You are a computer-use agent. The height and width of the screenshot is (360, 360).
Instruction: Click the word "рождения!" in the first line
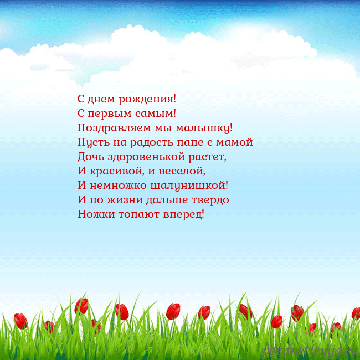point(151,100)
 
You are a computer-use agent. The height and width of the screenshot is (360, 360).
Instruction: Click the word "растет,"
point(208,157)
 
